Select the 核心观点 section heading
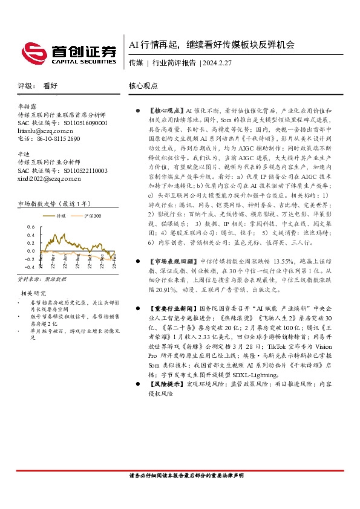(143, 86)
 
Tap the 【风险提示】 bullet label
(165, 384)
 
